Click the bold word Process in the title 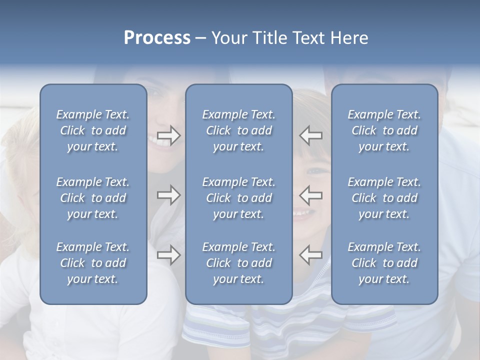[x=157, y=38]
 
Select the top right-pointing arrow [x=169, y=135]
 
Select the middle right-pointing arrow [x=169, y=195]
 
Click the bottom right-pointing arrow [x=169, y=255]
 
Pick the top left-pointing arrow [x=310, y=135]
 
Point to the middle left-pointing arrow [x=310, y=195]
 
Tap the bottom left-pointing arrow [x=310, y=255]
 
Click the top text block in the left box [x=93, y=130]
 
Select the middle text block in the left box [x=93, y=198]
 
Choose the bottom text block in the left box [x=93, y=263]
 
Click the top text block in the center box [x=238, y=130]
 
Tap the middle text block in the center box [x=238, y=198]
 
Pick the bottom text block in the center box [x=238, y=263]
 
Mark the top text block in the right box [x=384, y=130]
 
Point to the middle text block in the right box [x=384, y=198]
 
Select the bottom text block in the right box [x=384, y=263]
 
